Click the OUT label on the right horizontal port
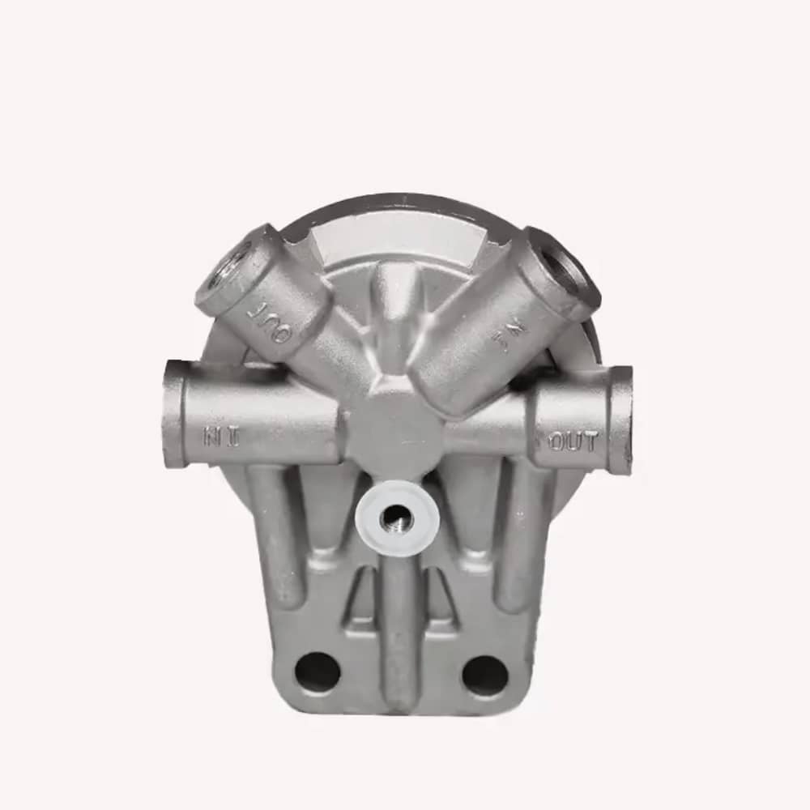click(573, 441)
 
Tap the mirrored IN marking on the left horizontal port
click(221, 438)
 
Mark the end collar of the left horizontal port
click(174, 413)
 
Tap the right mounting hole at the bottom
click(485, 674)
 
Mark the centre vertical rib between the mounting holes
click(399, 632)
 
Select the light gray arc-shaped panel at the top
click(397, 231)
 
